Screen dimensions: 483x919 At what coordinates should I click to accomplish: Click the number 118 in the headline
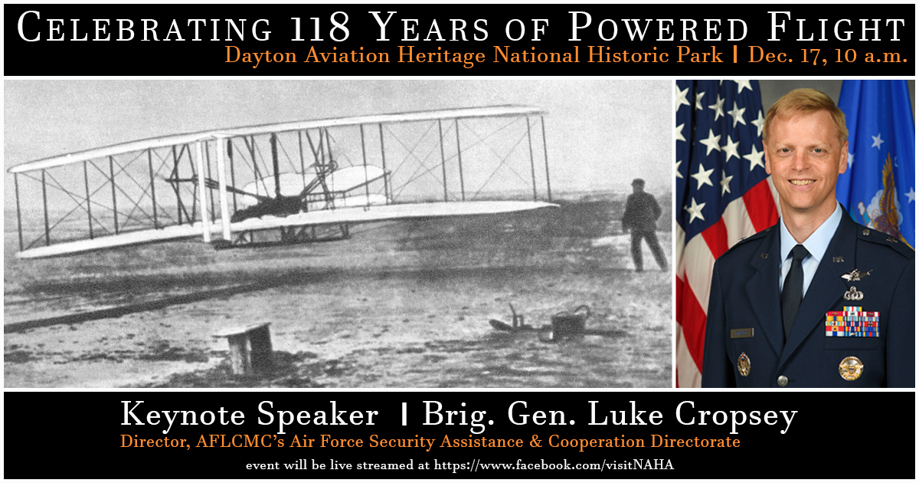[x=322, y=29]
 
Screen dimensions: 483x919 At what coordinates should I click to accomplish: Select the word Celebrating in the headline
[x=144, y=29]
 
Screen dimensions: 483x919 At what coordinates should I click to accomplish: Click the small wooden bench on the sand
[x=247, y=345]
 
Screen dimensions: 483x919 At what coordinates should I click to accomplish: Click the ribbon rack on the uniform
[x=852, y=321]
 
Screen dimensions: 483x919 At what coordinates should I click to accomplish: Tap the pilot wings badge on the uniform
[x=855, y=274]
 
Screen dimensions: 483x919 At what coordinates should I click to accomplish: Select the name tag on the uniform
[x=741, y=333]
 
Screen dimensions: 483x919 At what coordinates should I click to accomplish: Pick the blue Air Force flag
[x=881, y=153]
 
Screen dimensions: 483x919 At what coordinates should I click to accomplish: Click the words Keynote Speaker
[x=249, y=416]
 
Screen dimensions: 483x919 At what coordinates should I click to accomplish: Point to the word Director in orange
[x=149, y=442]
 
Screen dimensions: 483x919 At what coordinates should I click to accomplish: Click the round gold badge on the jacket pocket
[x=850, y=368]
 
